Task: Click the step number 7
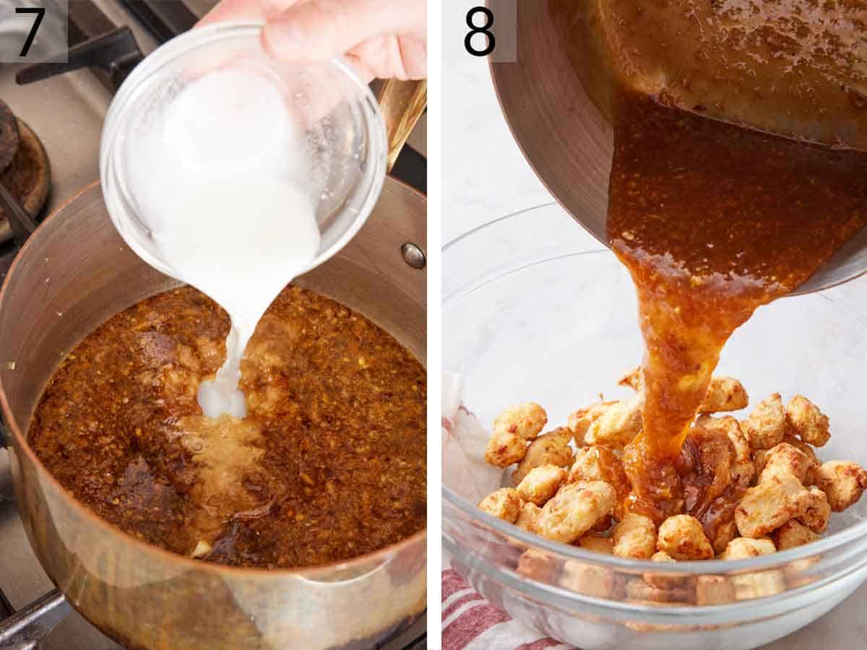click(x=30, y=30)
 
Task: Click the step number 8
click(x=480, y=30)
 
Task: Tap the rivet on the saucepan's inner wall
click(x=413, y=255)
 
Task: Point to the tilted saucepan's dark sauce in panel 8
click(x=722, y=181)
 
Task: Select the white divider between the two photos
click(x=433, y=325)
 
